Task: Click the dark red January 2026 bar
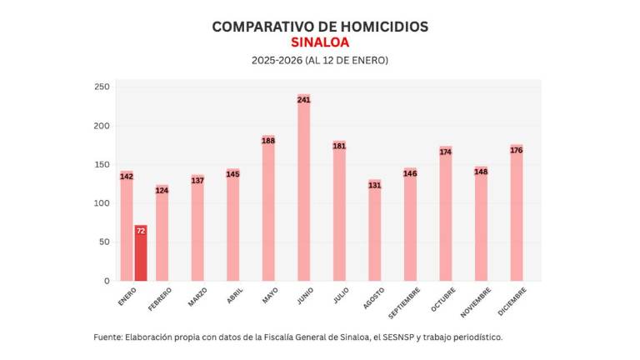pos(141,253)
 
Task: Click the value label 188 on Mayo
pos(268,141)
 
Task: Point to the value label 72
pos(141,230)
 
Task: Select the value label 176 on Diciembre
pos(516,150)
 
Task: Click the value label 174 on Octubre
pos(445,152)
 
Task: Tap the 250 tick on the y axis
pos(102,87)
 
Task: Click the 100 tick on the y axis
pos(102,203)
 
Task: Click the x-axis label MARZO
pos(197,297)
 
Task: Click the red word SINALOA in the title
pos(320,42)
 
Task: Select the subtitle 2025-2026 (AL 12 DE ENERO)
pos(320,61)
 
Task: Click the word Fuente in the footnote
pos(107,337)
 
